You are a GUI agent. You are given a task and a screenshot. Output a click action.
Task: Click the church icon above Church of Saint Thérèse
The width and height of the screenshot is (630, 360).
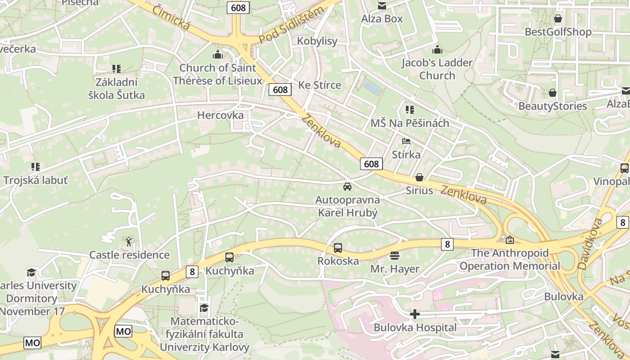point(218,55)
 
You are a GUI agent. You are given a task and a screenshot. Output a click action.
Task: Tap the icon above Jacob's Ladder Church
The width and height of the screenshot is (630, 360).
point(437,49)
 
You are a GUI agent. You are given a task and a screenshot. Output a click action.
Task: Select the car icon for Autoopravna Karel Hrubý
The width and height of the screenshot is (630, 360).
point(347,187)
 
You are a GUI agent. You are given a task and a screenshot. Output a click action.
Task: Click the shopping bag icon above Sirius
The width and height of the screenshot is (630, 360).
point(419,177)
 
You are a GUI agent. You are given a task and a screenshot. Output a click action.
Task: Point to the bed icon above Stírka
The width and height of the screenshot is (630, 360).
point(406,141)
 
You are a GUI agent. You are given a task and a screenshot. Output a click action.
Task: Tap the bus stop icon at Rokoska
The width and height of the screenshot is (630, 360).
point(337,247)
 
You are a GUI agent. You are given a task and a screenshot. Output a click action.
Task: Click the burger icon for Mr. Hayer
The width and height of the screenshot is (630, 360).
point(395,256)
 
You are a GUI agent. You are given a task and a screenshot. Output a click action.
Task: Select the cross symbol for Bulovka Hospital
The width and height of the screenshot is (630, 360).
point(415,314)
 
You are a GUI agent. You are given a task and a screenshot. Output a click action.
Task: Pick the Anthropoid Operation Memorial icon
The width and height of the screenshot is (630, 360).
point(510,240)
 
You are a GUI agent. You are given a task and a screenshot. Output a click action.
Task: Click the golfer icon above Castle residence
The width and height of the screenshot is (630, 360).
point(129,242)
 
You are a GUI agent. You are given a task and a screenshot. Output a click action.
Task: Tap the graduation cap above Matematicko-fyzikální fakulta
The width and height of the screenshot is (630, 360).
point(204,308)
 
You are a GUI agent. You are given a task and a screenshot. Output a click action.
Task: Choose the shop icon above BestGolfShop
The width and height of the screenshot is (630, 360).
point(558,19)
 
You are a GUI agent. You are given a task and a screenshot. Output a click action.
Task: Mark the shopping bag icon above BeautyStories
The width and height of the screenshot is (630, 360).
point(553,93)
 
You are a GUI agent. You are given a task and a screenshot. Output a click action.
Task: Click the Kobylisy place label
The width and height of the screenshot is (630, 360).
point(317,41)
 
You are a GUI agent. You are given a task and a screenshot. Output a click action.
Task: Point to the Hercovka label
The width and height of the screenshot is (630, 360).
point(220,115)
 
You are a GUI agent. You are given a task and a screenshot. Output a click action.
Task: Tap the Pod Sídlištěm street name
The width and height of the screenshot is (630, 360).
point(291,26)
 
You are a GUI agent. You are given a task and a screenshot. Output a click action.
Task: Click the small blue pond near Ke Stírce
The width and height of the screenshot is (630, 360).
point(372,87)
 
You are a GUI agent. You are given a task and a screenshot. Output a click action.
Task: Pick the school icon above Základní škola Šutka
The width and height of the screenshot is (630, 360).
point(117,69)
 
